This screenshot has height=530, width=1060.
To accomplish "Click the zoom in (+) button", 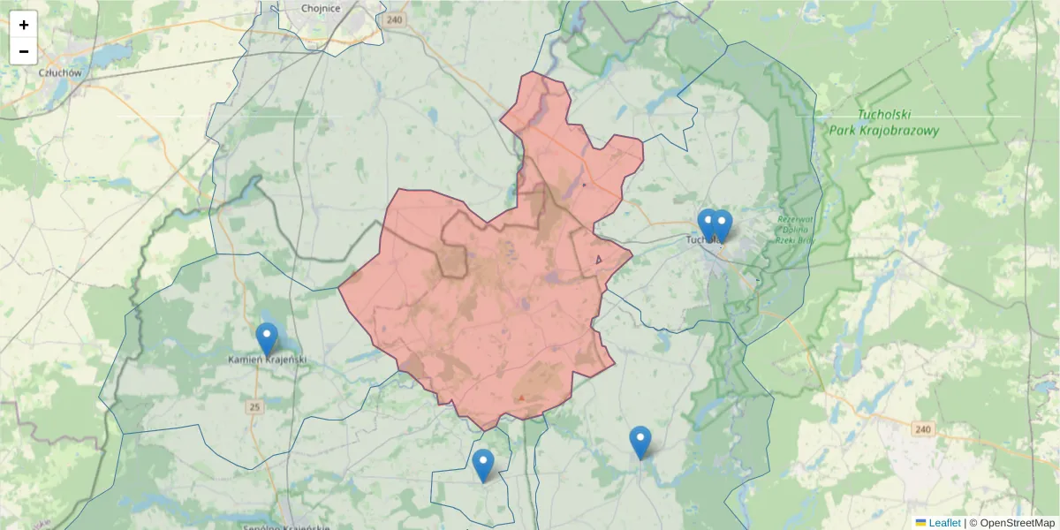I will (x=24, y=25).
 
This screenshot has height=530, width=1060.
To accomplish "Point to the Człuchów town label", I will (x=60, y=73).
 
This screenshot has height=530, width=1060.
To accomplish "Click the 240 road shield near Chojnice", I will (x=395, y=19).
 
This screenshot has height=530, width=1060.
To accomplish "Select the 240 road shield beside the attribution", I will (x=923, y=429).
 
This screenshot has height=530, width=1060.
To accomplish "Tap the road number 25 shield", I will (x=255, y=407).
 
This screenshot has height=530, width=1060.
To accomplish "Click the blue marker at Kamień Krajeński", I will (x=267, y=339).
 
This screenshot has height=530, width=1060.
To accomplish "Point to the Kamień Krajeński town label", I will (x=267, y=360).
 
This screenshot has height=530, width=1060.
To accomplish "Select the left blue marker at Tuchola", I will (x=708, y=224).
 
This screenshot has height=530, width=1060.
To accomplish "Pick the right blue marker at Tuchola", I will (x=722, y=225).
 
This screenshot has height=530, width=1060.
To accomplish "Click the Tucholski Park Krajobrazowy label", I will (x=883, y=123).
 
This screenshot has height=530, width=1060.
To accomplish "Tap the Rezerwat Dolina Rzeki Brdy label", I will (x=795, y=229).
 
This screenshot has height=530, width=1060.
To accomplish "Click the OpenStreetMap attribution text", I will (x=1017, y=523).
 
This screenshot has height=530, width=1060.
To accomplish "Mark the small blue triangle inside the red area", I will (x=599, y=260).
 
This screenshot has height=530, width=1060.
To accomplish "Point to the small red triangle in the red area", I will (x=522, y=398).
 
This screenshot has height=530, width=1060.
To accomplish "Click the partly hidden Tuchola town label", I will (x=698, y=238).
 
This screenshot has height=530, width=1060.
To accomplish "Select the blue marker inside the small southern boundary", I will (x=483, y=465).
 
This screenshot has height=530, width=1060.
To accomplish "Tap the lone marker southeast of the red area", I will (x=640, y=442).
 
